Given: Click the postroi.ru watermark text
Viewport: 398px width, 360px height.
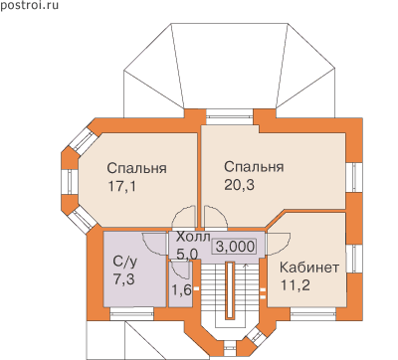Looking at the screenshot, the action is tap(29, 6).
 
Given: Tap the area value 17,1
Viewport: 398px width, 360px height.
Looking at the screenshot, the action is tap(121, 187).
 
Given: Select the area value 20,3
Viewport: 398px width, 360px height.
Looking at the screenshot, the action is tap(239, 185).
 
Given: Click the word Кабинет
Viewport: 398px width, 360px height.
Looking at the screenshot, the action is tap(309, 268).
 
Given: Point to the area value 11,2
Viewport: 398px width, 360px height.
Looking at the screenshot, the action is tap(296, 285).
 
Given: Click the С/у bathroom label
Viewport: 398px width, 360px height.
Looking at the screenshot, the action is tap(124, 263).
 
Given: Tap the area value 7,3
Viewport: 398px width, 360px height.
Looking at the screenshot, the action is tap(124, 280).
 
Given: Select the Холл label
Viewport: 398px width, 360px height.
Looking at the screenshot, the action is tap(193, 238).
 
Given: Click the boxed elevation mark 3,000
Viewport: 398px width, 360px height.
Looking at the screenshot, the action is tap(235, 247).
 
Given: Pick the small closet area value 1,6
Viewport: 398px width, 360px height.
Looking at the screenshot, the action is tap(181, 290).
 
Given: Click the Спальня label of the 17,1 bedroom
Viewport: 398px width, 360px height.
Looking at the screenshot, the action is tap(136, 168).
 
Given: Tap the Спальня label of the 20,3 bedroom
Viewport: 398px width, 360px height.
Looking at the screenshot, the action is tap(254, 167).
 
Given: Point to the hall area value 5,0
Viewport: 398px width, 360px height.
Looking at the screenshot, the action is tap(187, 255).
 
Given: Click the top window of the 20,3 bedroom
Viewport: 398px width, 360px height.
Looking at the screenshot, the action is tap(229, 116).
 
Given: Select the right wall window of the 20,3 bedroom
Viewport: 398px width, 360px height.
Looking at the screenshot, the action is tap(353, 177).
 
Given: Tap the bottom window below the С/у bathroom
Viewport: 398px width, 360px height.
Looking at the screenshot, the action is tap(132, 313).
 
